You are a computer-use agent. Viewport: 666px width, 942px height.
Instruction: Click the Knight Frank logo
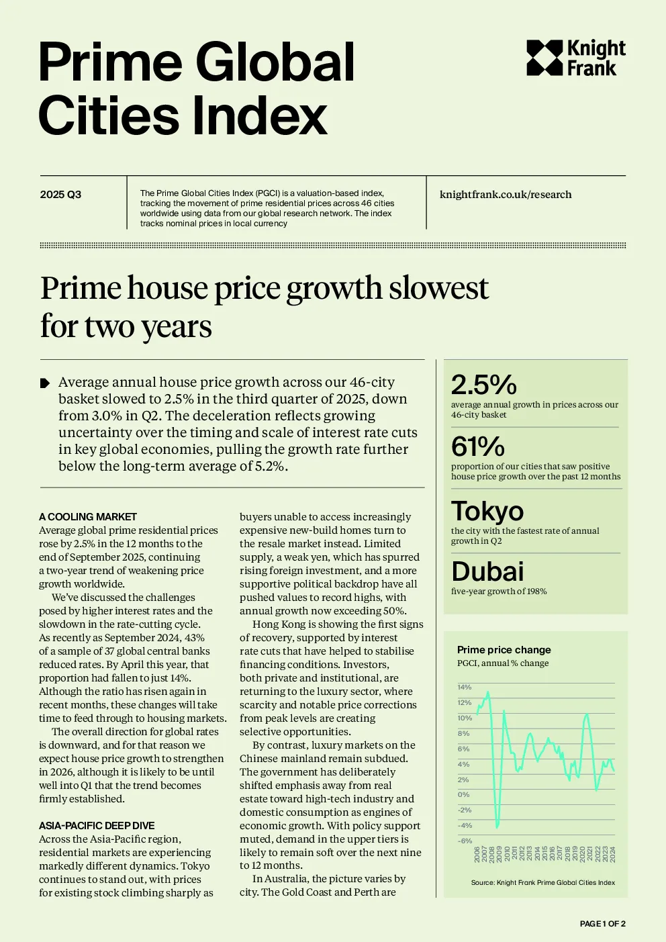pos(575,58)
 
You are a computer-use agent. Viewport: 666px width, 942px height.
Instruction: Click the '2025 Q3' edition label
pos(60,195)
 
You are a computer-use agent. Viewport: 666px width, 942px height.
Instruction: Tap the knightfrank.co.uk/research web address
pos(506,195)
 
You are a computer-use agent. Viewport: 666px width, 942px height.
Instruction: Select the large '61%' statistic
pos(477,446)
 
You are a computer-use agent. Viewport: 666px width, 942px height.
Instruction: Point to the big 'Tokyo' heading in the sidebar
pos(487,510)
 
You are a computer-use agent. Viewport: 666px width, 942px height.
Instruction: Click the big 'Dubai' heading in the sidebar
pos(487,571)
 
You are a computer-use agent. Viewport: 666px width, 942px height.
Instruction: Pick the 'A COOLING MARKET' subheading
pos(88,516)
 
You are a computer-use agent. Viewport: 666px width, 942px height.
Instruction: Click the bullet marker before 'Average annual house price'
pos(44,383)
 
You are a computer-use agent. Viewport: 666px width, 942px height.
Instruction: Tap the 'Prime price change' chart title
pos(504,650)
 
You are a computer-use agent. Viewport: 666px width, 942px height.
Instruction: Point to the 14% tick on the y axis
pos(464,687)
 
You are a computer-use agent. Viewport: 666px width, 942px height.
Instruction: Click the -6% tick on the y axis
pos(465,841)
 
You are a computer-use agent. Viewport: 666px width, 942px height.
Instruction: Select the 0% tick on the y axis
pos(463,794)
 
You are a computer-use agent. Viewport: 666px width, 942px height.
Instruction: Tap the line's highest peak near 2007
pos(487,692)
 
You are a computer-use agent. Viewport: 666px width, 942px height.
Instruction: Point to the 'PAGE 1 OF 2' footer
pos(602,923)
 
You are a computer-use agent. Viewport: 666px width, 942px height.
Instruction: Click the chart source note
pos(543,882)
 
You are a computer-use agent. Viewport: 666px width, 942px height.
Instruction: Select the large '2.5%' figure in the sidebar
pos(483,385)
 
